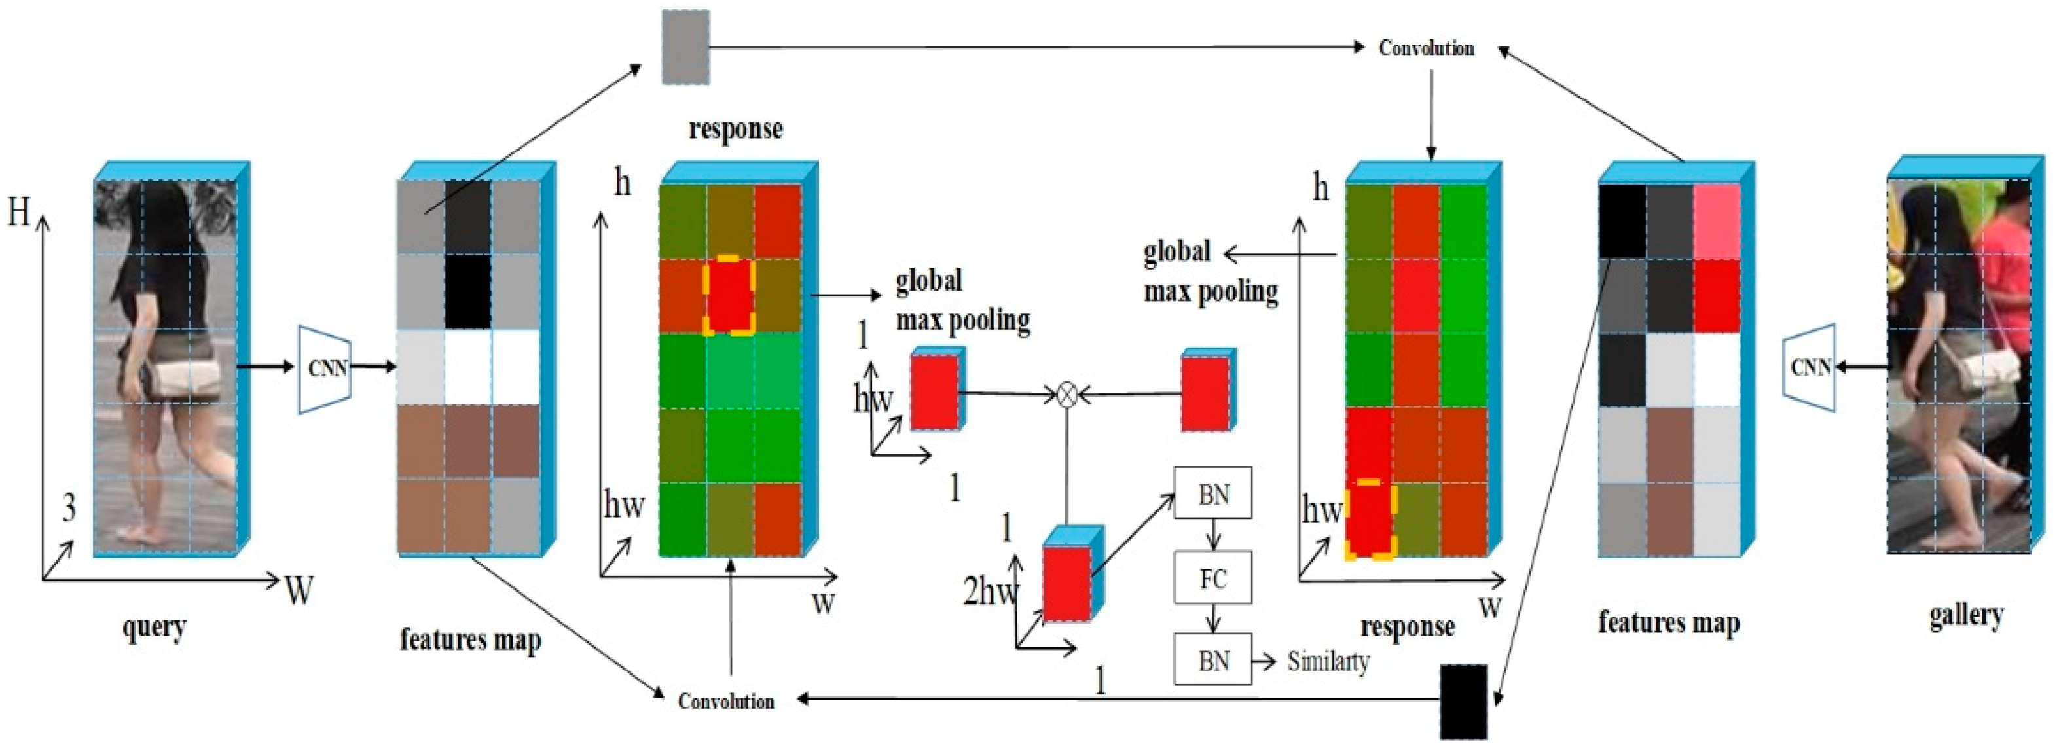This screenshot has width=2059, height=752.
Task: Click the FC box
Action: click(1212, 578)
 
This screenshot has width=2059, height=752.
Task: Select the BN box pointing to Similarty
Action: click(1212, 660)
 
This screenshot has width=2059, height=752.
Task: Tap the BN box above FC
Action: click(1212, 494)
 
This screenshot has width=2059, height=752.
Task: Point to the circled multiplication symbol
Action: click(1067, 393)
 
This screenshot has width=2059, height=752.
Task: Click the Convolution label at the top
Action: click(1427, 48)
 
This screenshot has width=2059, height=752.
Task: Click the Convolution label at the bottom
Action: click(726, 701)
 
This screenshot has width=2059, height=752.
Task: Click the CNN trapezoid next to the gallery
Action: click(1810, 368)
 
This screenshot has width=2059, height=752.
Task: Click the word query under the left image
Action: click(155, 628)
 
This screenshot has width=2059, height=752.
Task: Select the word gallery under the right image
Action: click(1966, 615)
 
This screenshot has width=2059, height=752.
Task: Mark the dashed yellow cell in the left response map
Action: click(729, 295)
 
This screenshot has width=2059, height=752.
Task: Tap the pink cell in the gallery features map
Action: click(1717, 221)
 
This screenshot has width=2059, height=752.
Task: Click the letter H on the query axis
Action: click(19, 213)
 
